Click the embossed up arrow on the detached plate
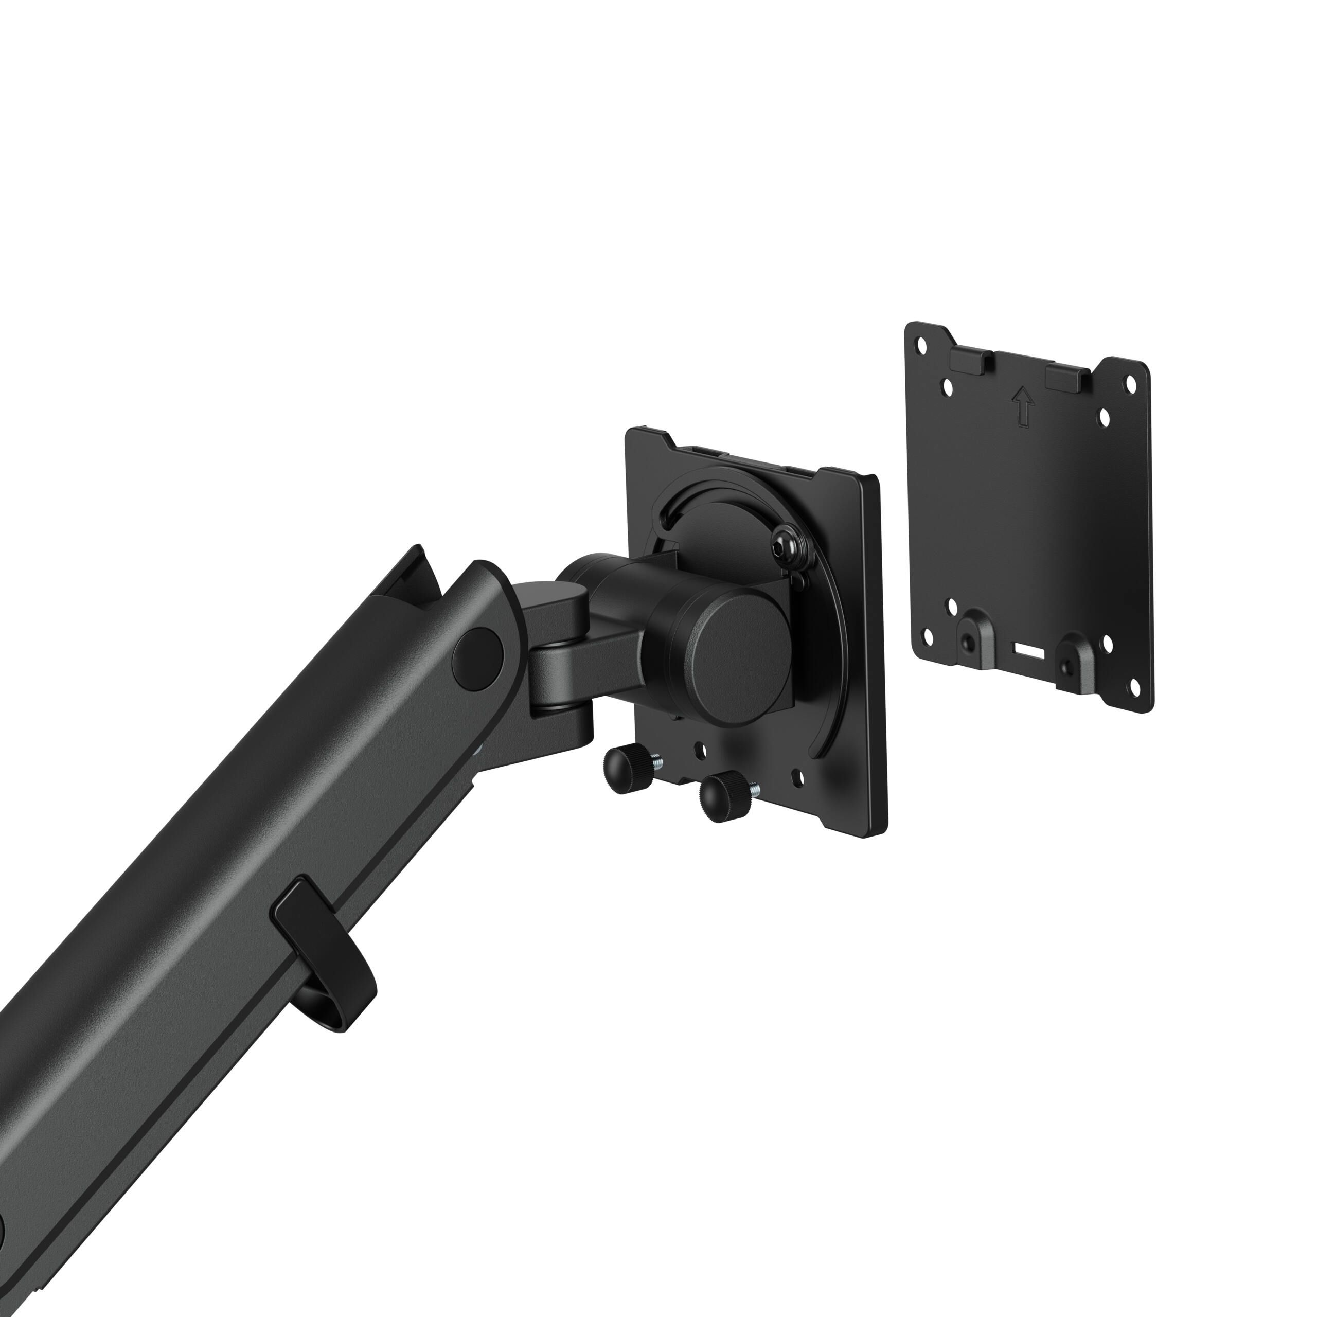(x=1023, y=407)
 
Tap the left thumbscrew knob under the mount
(x=624, y=770)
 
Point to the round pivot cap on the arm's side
(x=478, y=656)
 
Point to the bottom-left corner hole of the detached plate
(x=928, y=637)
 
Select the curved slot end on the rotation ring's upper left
(x=665, y=520)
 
